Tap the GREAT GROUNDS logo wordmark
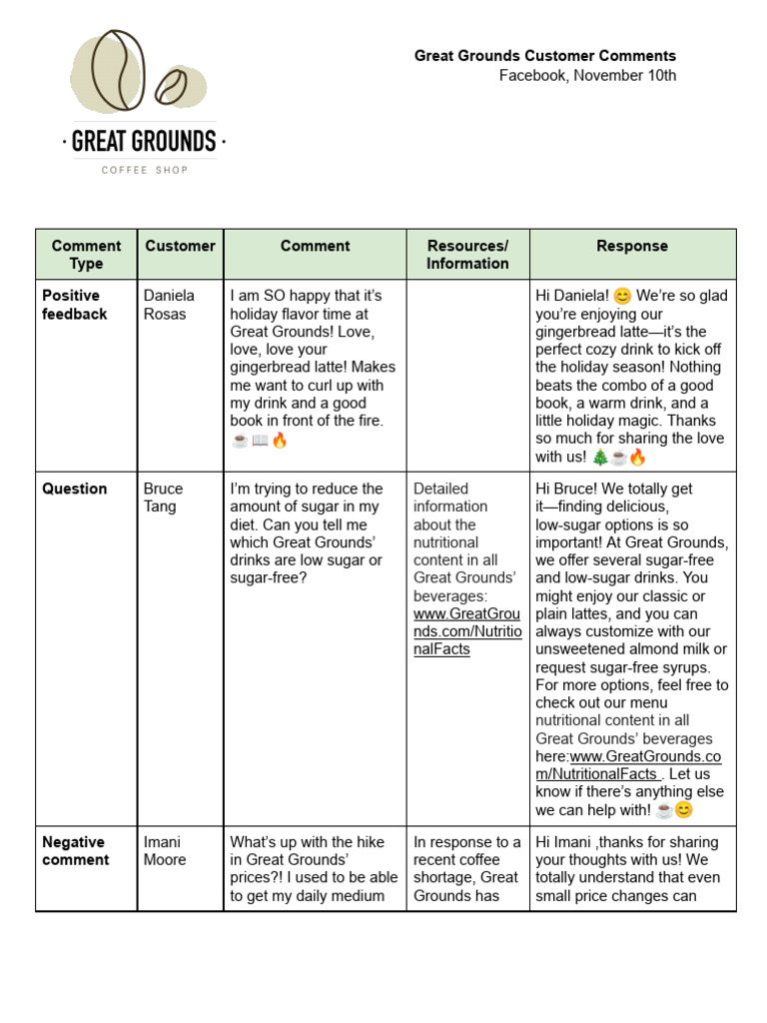pos(144,141)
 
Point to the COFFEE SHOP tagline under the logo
pos(144,170)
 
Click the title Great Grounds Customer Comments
pos(545,56)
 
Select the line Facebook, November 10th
pos(587,75)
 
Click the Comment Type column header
pos(87,254)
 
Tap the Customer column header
pos(180,246)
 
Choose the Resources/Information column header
pos(467,254)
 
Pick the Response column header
pos(632,246)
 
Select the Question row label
pos(75,489)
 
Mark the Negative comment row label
pos(76,850)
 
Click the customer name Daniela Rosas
pos(170,305)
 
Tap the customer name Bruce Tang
pos(164,498)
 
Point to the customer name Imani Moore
pos(165,850)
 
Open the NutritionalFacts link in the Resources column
pos(467,631)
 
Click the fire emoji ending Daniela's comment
pos(280,440)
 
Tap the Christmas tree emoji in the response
pos(599,458)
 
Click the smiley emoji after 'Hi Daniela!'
pos(622,296)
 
